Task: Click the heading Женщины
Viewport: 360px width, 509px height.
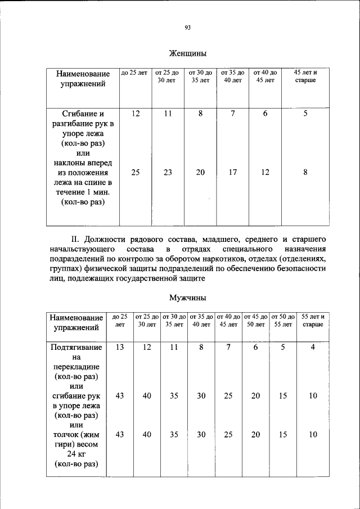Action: pyautogui.click(x=188, y=54)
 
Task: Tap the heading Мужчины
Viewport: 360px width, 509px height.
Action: pyautogui.click(x=188, y=298)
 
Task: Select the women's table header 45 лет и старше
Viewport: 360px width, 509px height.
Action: pyautogui.click(x=305, y=76)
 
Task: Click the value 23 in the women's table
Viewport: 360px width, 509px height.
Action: pyautogui.click(x=168, y=173)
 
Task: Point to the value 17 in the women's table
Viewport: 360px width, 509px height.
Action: pyautogui.click(x=232, y=173)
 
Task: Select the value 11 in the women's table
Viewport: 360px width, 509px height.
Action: pyautogui.click(x=168, y=114)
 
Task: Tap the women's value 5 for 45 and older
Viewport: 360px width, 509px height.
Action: pyautogui.click(x=305, y=114)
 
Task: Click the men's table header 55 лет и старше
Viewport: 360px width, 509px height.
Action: pyautogui.click(x=313, y=321)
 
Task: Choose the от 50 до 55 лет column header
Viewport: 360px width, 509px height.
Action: pyautogui.click(x=283, y=321)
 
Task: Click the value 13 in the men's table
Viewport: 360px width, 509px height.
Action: pyautogui.click(x=119, y=347)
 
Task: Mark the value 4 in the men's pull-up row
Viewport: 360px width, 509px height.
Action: pyautogui.click(x=313, y=347)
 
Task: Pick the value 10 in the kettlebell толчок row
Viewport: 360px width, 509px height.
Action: pyautogui.click(x=313, y=435)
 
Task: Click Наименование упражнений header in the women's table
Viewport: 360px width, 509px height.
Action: pyautogui.click(x=83, y=79)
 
